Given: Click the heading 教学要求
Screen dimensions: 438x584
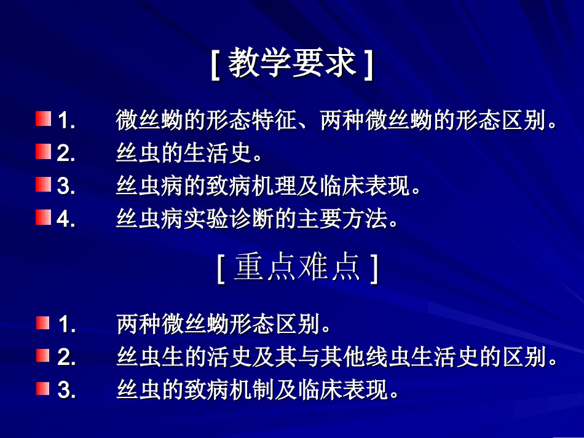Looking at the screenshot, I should [x=292, y=63].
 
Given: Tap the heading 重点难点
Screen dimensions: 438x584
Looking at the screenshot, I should [x=297, y=270].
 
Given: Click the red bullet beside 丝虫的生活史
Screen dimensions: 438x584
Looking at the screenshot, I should [x=42, y=152].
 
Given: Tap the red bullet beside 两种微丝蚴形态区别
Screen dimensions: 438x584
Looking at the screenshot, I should [x=42, y=323].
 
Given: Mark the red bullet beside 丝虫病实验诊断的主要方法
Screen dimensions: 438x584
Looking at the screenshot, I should [x=42, y=218].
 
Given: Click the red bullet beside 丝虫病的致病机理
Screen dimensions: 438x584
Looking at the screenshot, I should [x=42, y=185].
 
